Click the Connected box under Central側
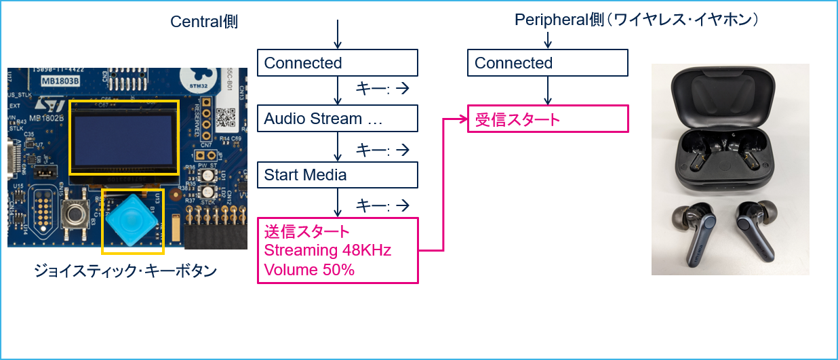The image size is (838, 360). [x=337, y=63]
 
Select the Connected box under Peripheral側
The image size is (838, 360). [x=547, y=63]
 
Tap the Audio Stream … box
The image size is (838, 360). [x=337, y=119]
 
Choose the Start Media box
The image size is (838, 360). [x=337, y=175]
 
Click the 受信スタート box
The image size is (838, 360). [x=548, y=119]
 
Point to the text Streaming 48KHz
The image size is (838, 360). [x=327, y=251]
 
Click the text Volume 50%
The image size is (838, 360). [x=300, y=270]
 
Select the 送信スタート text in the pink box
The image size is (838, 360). [x=307, y=232]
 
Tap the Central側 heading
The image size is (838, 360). [x=203, y=22]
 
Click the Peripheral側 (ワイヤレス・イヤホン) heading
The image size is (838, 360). [x=636, y=20]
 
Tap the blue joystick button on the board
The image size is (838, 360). [x=132, y=220]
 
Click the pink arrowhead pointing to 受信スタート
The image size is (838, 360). [x=463, y=120]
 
